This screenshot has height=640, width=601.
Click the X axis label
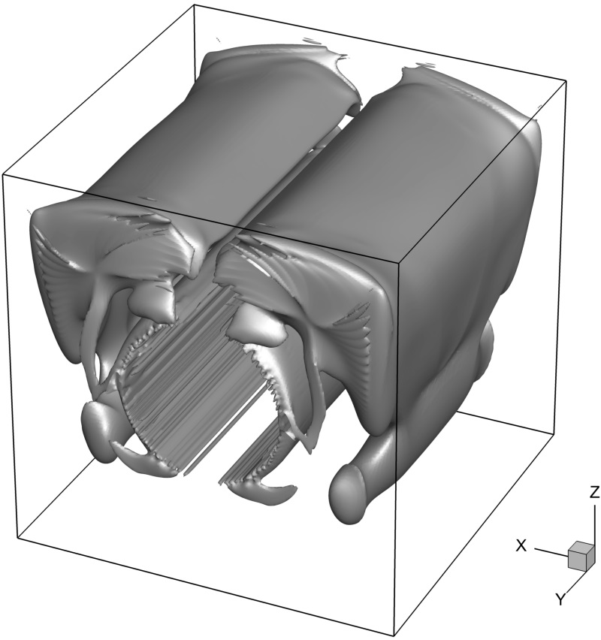click(x=521, y=545)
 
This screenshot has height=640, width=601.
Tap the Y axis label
click(x=561, y=599)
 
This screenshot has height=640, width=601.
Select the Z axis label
click(x=594, y=493)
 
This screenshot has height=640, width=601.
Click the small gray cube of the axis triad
click(x=580, y=556)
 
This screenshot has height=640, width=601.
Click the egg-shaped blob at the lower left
click(x=98, y=433)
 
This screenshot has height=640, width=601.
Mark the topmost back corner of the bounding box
click(x=195, y=5)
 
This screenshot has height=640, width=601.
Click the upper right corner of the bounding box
click(x=566, y=81)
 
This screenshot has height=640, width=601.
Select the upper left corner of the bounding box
click(x=3, y=175)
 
